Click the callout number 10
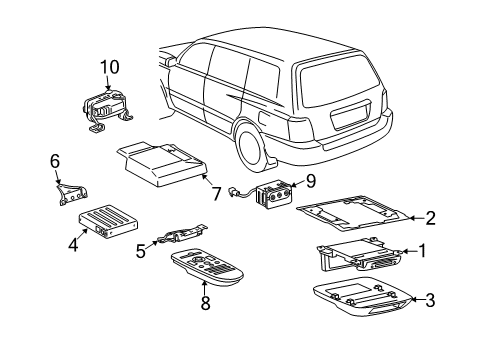(109, 67)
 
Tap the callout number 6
(56, 159)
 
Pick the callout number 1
(422, 251)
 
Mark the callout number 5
(141, 252)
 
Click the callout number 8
(205, 303)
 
